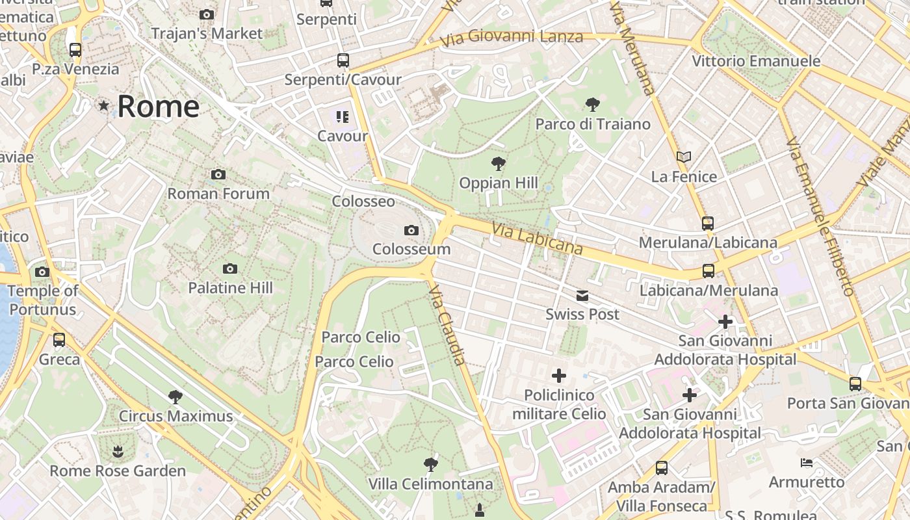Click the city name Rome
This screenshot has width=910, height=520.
point(158,107)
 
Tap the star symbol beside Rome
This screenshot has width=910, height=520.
point(103,105)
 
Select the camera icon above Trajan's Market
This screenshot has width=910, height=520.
point(207,14)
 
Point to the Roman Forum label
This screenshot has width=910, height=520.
point(218,193)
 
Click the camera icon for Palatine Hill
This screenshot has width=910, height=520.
point(229,269)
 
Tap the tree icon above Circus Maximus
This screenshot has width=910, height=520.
point(175,396)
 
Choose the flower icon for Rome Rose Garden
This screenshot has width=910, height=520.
point(117,451)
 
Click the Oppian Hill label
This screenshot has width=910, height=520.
point(499,183)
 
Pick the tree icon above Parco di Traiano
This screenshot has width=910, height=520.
point(592,104)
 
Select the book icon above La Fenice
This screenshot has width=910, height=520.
point(683,157)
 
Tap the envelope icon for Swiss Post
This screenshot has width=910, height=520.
point(582,296)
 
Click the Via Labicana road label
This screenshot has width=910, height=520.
point(537,239)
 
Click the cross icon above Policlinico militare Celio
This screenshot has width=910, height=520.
point(558,376)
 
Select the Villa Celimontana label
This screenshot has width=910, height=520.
point(430,484)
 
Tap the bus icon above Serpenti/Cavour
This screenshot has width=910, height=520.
point(343,60)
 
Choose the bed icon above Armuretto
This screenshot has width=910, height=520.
point(806,463)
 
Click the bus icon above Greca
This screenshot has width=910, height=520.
point(59,339)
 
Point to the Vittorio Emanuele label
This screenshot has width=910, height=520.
point(756,61)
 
